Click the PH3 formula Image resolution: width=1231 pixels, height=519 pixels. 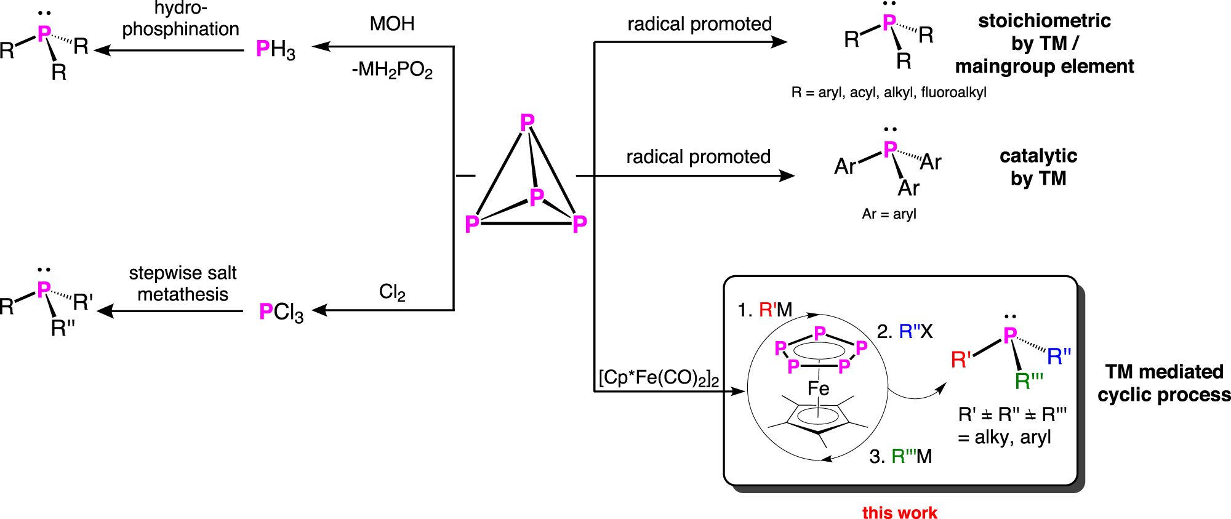[x=275, y=49]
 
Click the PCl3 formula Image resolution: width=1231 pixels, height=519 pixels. [x=281, y=312]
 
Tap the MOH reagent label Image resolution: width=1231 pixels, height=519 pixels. [x=392, y=24]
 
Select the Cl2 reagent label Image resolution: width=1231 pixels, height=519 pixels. [x=392, y=292]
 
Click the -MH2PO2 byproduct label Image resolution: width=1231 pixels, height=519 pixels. [x=392, y=70]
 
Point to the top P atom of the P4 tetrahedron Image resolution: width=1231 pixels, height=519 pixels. [x=527, y=123]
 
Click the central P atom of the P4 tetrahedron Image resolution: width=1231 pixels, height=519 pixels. [x=537, y=197]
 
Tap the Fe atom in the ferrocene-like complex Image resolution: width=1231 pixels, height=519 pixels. [x=818, y=388]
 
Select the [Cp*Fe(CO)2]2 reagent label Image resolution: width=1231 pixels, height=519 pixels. [x=659, y=377]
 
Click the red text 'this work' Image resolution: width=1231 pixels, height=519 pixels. [x=899, y=512]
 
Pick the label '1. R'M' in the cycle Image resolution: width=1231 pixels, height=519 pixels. [x=764, y=310]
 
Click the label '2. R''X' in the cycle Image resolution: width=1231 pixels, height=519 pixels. [x=905, y=332]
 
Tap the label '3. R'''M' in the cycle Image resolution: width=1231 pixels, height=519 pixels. [x=900, y=456]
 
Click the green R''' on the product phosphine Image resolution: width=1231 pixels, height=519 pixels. [x=1029, y=381]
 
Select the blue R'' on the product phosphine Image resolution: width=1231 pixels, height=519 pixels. [x=1059, y=356]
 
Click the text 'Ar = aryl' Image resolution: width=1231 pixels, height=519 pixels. [x=889, y=214]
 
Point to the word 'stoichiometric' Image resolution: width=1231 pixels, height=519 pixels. [x=1045, y=21]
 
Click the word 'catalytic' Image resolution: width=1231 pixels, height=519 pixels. [x=1038, y=156]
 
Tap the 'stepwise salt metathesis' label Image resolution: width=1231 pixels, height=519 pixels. [x=183, y=283]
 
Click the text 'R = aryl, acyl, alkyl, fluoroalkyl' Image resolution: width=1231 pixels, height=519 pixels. [x=889, y=92]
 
